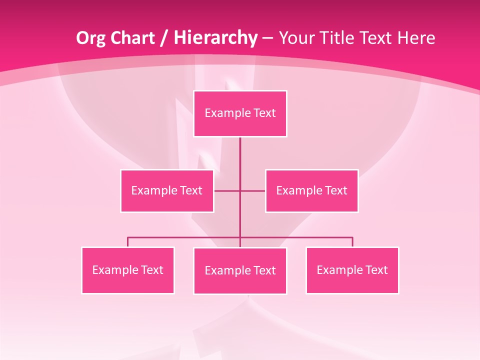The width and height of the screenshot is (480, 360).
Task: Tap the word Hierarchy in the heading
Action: pyautogui.click(x=215, y=38)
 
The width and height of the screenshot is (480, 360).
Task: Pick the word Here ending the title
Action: pyautogui.click(x=416, y=38)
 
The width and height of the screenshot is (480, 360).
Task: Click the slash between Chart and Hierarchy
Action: pyautogui.click(x=163, y=38)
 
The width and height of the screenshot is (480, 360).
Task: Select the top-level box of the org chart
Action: pyautogui.click(x=240, y=113)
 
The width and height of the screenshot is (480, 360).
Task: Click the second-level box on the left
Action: pyautogui.click(x=167, y=190)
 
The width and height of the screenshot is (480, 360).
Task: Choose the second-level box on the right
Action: pyautogui.click(x=311, y=190)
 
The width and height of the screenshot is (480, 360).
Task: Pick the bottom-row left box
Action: pyautogui.click(x=127, y=270)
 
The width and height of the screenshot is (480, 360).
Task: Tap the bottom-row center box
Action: pyautogui.click(x=240, y=270)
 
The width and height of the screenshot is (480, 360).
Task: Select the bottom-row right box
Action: pyautogui.click(x=352, y=270)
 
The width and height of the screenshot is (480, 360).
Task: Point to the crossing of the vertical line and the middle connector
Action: pyautogui.click(x=240, y=190)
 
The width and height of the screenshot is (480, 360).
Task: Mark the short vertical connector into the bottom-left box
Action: pyautogui.click(x=127, y=242)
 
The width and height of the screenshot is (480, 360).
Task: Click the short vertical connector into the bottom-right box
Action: pyautogui.click(x=352, y=242)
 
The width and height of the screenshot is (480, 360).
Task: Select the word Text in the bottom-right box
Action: pyautogui.click(x=376, y=270)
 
